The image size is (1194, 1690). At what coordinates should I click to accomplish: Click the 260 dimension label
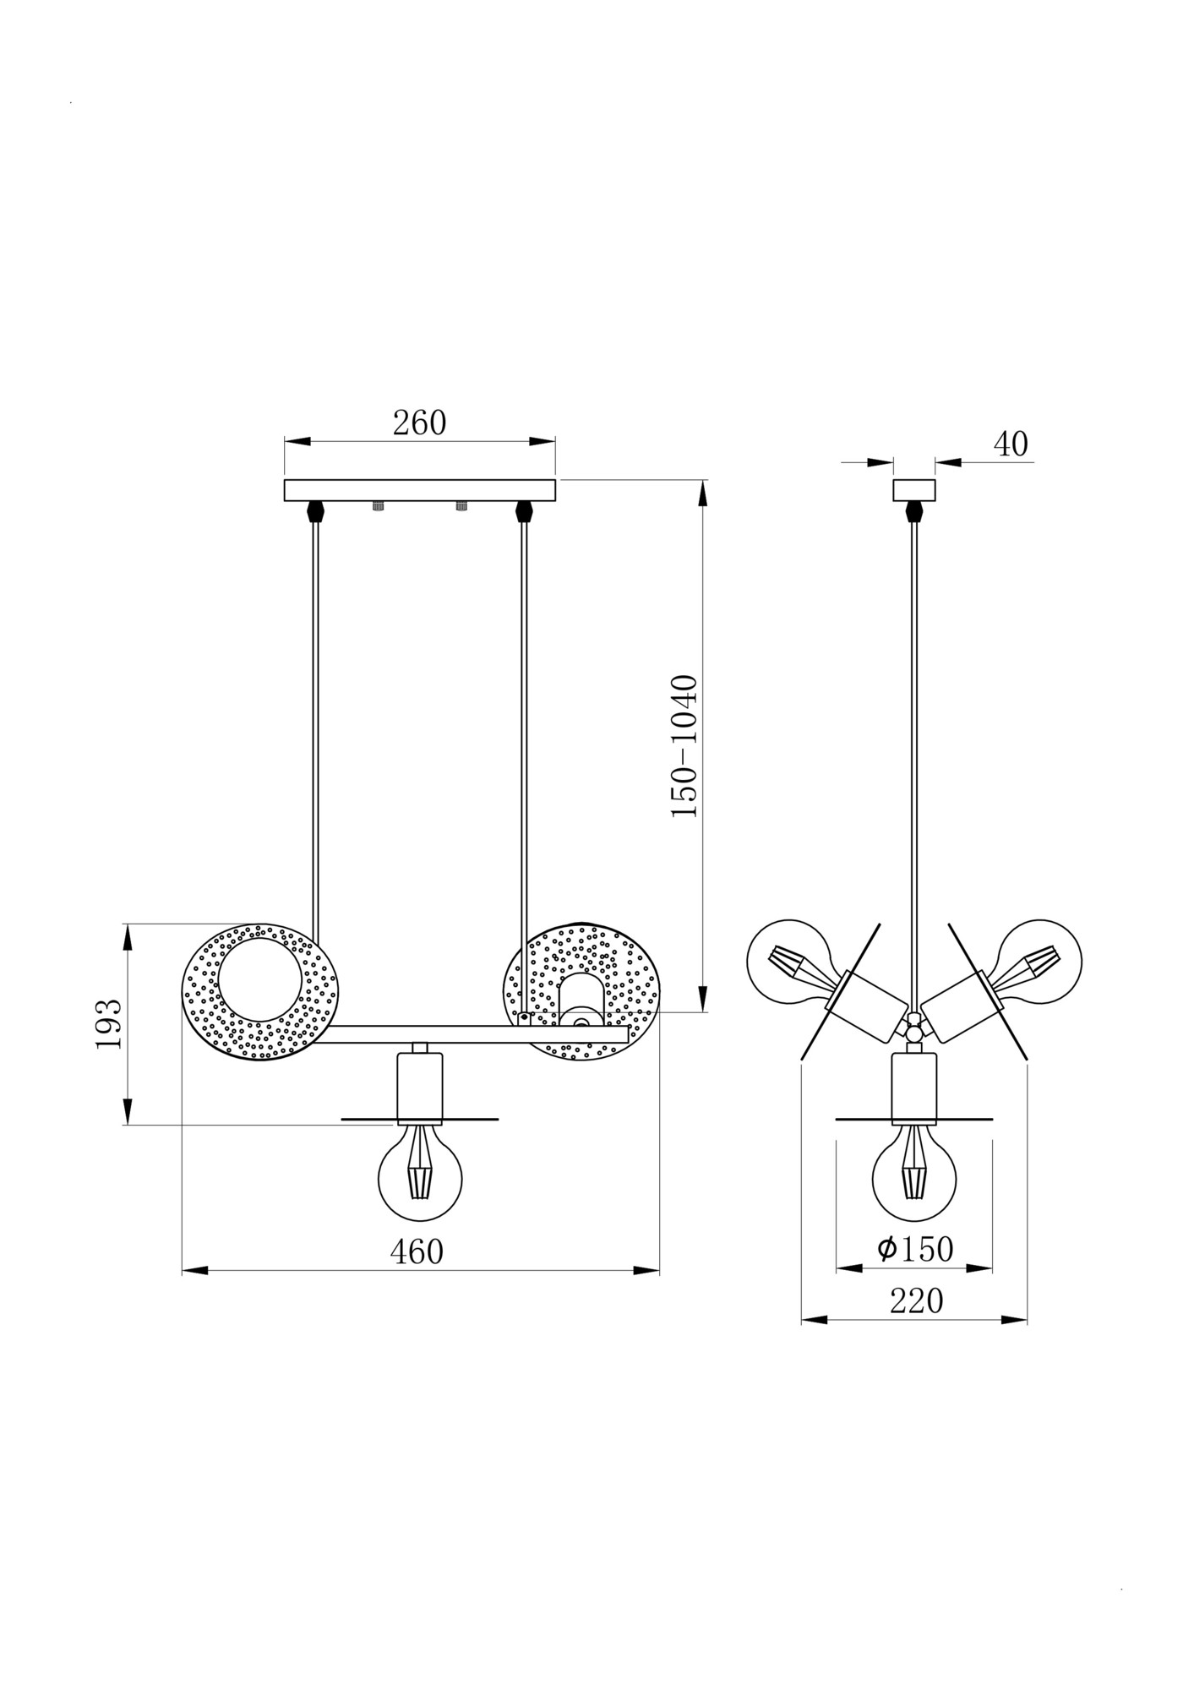click(x=419, y=423)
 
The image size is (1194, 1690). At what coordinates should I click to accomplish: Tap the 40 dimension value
click(x=1010, y=444)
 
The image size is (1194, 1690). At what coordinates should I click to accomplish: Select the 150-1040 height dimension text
click(x=684, y=745)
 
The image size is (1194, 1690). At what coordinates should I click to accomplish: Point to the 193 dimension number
click(x=109, y=1023)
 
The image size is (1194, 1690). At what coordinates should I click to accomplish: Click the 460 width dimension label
click(x=417, y=1251)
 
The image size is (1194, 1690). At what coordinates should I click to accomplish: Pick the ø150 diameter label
click(x=915, y=1248)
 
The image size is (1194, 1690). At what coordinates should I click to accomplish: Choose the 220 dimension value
click(x=916, y=1301)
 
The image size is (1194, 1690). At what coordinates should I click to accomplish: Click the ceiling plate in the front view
click(x=419, y=490)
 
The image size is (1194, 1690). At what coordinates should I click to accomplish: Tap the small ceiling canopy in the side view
click(x=914, y=490)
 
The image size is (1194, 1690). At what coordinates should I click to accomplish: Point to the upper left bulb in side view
click(x=790, y=961)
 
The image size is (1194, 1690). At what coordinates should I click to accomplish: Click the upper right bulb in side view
click(x=1040, y=961)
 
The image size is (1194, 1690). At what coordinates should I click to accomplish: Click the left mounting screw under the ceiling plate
click(x=379, y=506)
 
